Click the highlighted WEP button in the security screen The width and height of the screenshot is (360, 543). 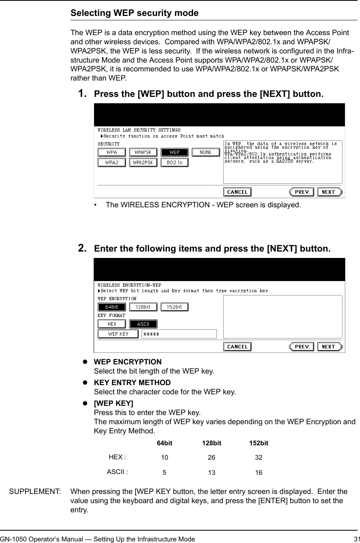point(174,152)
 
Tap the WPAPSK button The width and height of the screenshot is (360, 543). point(143,152)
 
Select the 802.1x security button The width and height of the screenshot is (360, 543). point(174,163)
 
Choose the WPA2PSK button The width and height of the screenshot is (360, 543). point(143,163)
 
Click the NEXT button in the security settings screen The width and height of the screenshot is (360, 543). point(329,192)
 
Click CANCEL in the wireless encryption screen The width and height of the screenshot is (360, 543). point(237,347)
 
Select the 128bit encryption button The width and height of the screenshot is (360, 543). point(143,307)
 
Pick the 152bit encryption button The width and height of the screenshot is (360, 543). point(174,307)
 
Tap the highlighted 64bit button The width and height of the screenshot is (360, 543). point(112,307)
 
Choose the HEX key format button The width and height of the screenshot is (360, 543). point(112,324)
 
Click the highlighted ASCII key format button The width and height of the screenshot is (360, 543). point(143,324)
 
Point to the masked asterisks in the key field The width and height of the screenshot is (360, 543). point(151,334)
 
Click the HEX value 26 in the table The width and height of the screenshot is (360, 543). point(211,457)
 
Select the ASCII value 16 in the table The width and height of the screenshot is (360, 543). point(259,473)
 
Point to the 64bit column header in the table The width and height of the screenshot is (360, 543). point(164,443)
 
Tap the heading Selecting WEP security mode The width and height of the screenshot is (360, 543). point(134,13)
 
